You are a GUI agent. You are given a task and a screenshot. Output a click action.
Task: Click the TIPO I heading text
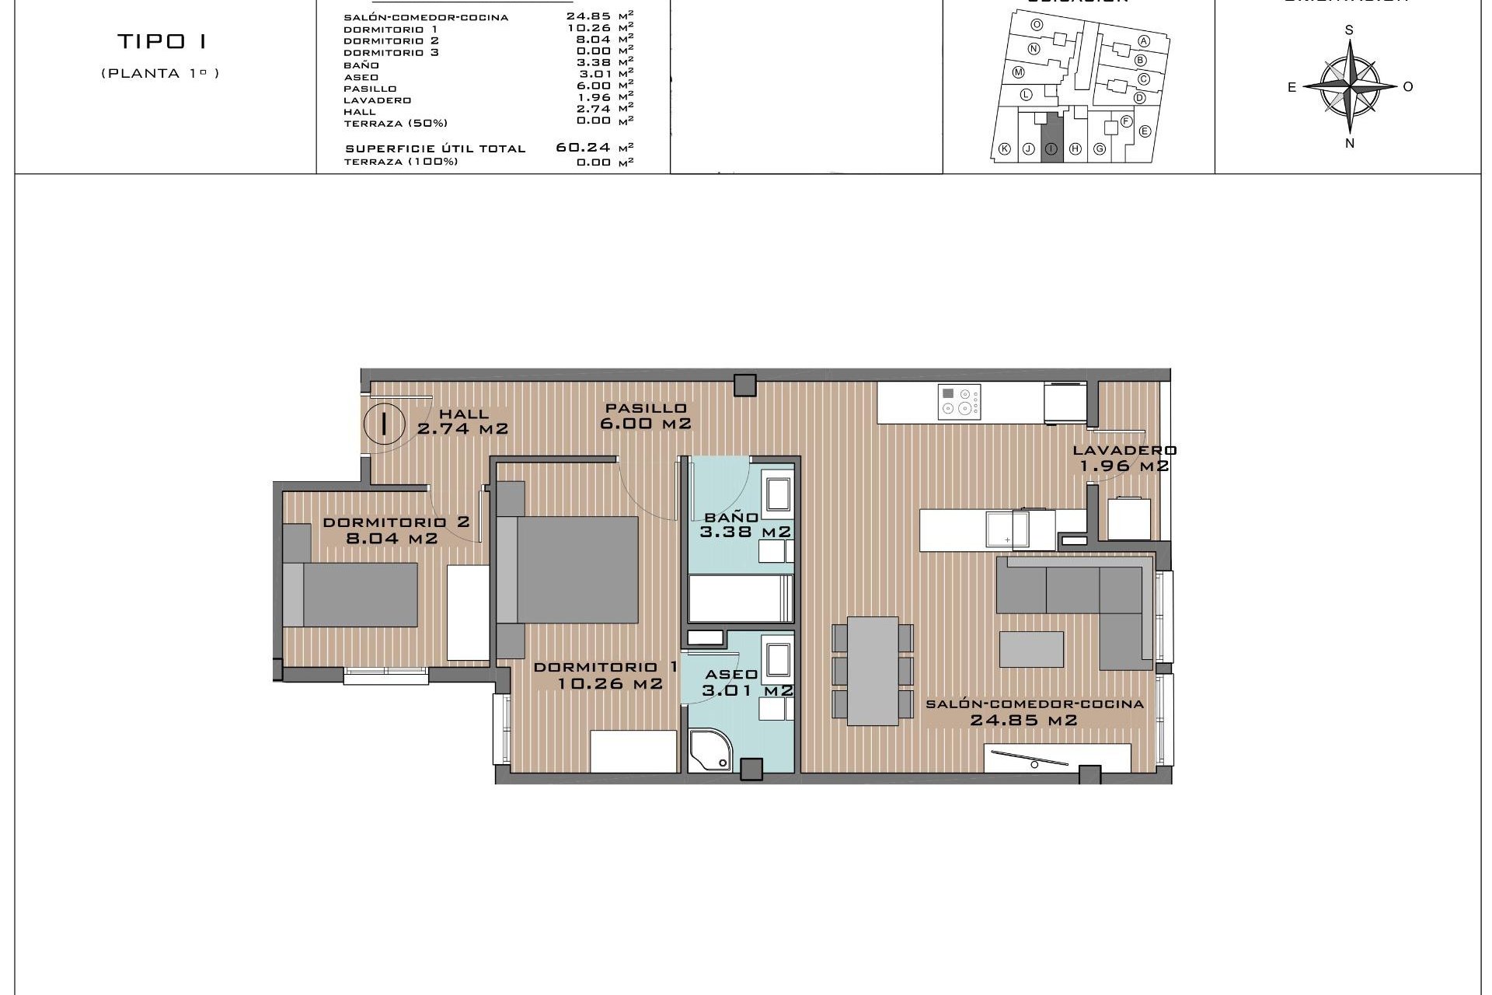tap(162, 41)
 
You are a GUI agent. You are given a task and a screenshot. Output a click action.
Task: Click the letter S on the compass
tap(1349, 30)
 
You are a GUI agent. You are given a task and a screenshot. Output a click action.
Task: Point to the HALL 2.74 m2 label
tap(463, 421)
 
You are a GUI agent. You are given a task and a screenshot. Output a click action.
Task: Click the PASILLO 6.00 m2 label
tap(646, 416)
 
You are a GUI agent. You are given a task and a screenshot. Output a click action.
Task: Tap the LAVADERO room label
tap(1124, 458)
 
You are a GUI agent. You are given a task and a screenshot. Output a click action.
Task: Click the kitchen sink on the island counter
tap(1006, 530)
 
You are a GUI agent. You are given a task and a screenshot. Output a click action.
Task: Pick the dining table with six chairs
tap(873, 670)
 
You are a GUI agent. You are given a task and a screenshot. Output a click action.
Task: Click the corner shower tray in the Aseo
tap(709, 752)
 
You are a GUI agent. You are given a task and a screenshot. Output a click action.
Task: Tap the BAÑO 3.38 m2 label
tap(744, 525)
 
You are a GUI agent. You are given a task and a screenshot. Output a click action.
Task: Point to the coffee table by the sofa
tap(1031, 649)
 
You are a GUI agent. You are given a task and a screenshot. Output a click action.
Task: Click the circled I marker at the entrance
tap(384, 424)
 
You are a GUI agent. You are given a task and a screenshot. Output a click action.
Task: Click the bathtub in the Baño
tap(741, 598)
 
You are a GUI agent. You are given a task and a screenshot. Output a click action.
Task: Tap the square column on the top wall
tap(745, 385)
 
